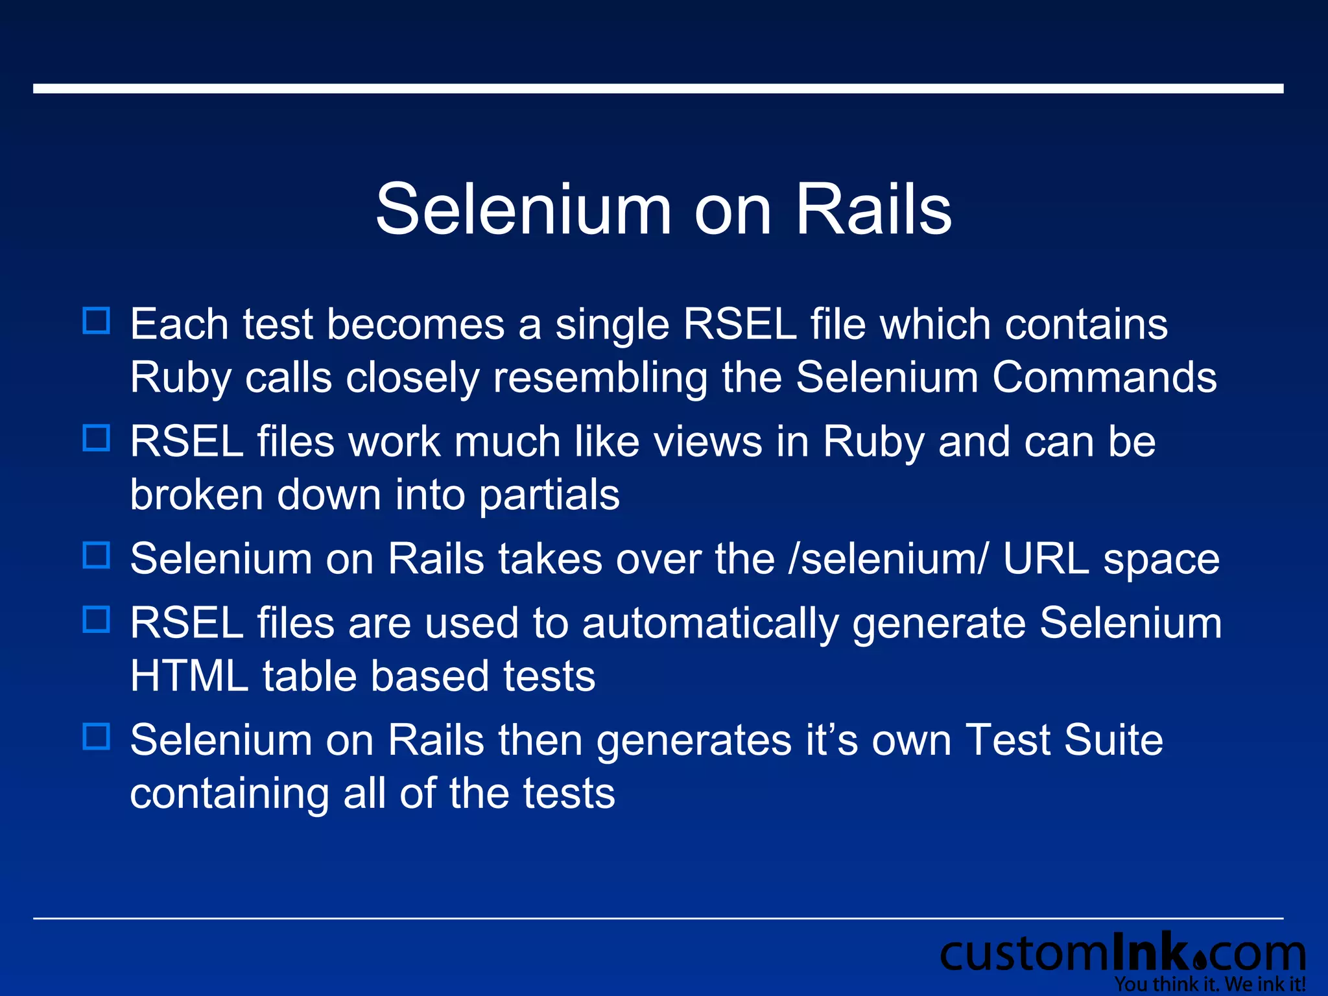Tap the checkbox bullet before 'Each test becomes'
[97, 321]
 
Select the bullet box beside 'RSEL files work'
[97, 438]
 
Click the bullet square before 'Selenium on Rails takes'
[97, 556]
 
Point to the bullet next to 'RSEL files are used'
[97, 619]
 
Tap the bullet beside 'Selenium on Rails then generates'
[97, 737]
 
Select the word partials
[549, 496]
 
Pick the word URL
[1045, 559]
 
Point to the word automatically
[710, 624]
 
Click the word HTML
[189, 676]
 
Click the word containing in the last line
[229, 794]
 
